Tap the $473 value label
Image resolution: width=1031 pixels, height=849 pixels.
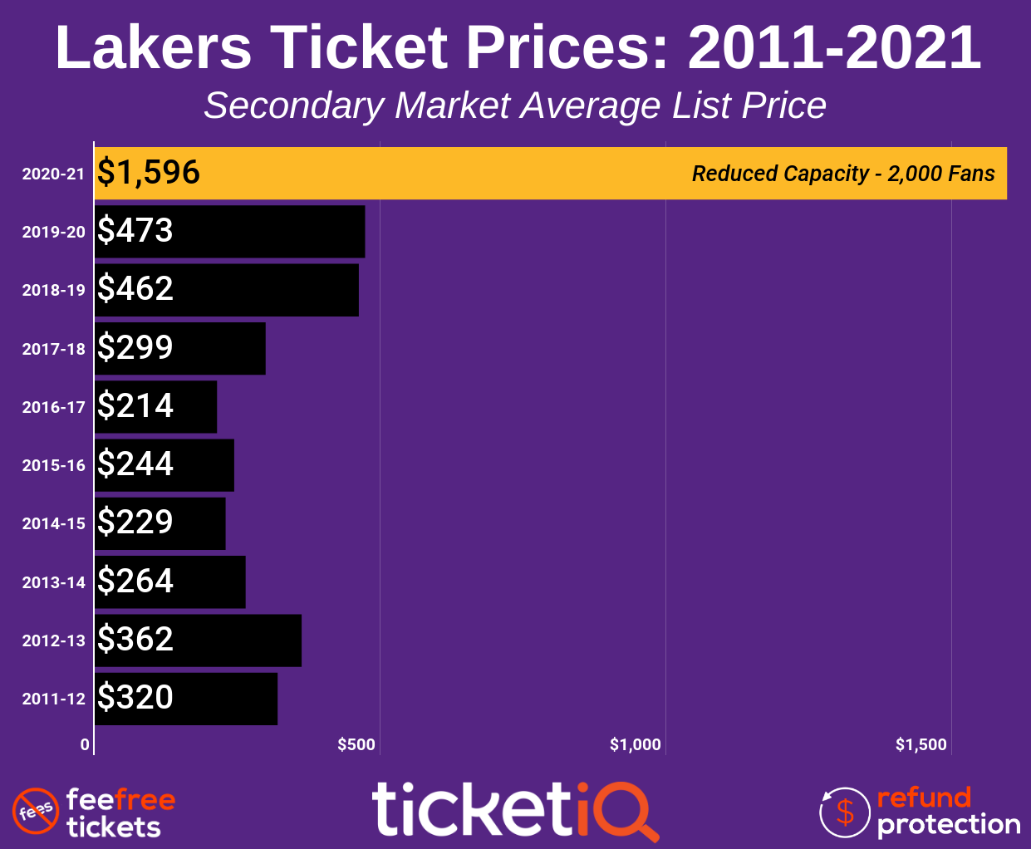pyautogui.click(x=135, y=231)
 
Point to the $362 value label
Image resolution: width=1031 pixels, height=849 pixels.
pyautogui.click(x=135, y=640)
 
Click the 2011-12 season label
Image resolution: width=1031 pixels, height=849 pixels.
pyautogui.click(x=54, y=699)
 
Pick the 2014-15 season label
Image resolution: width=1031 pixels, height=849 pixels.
pyautogui.click(x=54, y=524)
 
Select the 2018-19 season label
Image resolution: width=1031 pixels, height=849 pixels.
pyautogui.click(x=54, y=291)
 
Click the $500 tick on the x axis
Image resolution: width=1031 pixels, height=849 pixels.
pyautogui.click(x=357, y=745)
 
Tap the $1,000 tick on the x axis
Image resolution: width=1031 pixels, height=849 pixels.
pyautogui.click(x=636, y=745)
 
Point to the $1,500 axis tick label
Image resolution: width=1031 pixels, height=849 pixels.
pyautogui.click(x=921, y=745)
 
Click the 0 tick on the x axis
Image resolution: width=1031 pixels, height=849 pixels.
pyautogui.click(x=85, y=745)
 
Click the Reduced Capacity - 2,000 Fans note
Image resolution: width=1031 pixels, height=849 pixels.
pyautogui.click(x=843, y=174)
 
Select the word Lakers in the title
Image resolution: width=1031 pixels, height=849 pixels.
pyautogui.click(x=154, y=47)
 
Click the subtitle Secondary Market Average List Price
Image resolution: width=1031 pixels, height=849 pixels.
pyautogui.click(x=515, y=106)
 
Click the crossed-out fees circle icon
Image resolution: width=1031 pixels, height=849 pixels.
pyautogui.click(x=35, y=812)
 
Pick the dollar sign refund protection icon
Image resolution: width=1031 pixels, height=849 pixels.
pyautogui.click(x=845, y=812)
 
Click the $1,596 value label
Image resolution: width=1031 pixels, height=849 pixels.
pyautogui.click(x=149, y=173)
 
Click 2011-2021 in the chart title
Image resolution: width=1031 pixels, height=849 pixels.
pyautogui.click(x=834, y=47)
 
